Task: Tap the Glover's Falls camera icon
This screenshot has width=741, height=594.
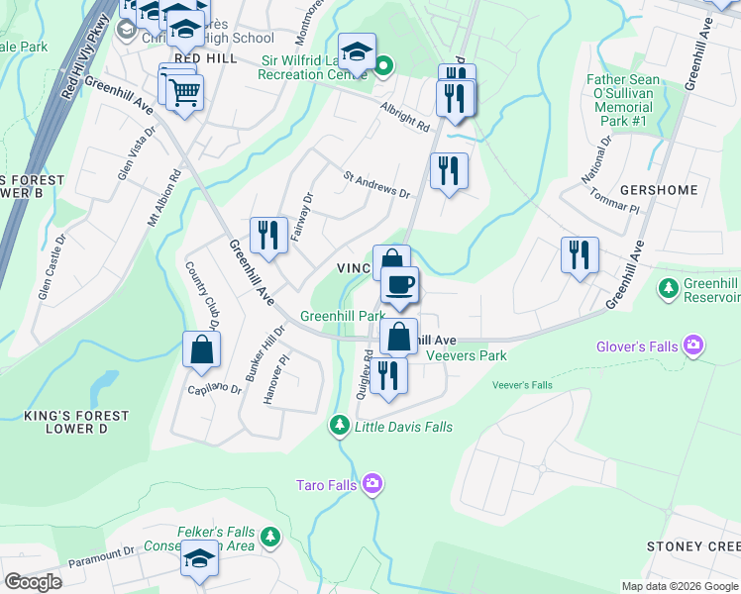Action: [x=693, y=346]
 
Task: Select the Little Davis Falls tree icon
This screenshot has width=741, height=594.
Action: [x=339, y=426]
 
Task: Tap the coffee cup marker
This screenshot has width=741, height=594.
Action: [x=399, y=286]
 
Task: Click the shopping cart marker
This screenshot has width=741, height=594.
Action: [x=184, y=94]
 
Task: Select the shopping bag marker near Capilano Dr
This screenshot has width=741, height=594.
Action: [x=201, y=350]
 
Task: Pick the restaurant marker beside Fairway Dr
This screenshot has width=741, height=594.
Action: [x=268, y=237]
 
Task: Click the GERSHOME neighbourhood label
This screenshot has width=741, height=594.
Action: [x=659, y=189]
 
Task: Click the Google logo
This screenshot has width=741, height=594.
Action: [x=33, y=582]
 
